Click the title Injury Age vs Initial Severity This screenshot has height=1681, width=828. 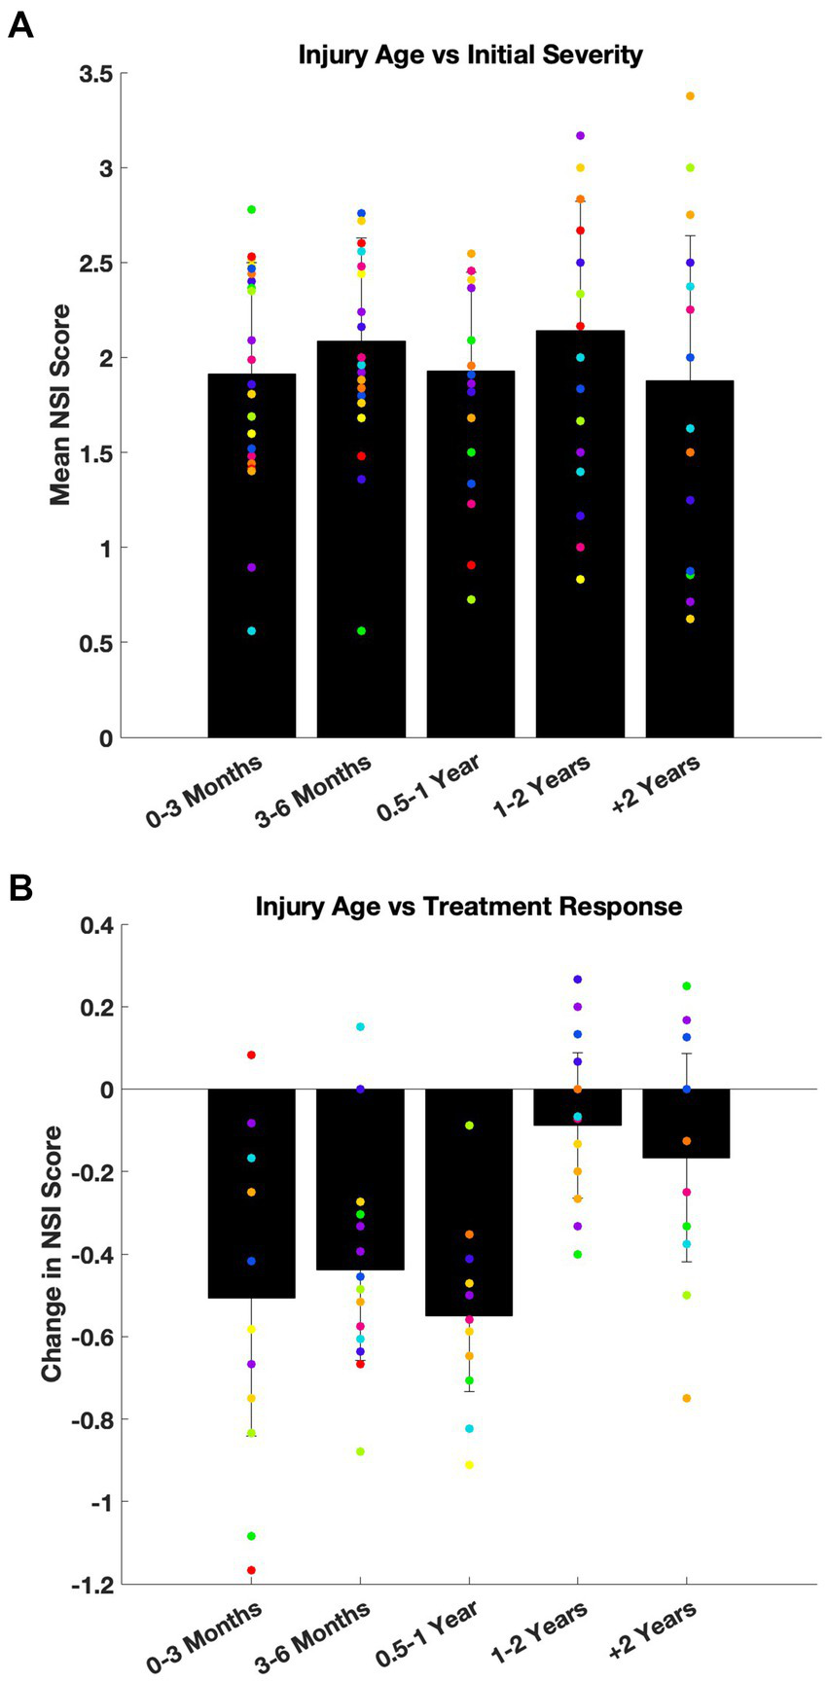click(x=470, y=54)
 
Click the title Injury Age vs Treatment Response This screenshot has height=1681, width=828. click(x=468, y=907)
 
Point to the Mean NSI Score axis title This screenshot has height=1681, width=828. click(x=60, y=406)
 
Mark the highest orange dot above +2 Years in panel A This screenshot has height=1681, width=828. click(x=690, y=96)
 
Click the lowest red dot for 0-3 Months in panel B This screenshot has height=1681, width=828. click(x=251, y=1570)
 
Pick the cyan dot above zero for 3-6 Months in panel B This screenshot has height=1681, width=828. click(x=360, y=1027)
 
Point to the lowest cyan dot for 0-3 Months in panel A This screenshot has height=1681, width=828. click(x=251, y=631)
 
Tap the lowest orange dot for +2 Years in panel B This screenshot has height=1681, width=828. click(x=687, y=1399)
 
